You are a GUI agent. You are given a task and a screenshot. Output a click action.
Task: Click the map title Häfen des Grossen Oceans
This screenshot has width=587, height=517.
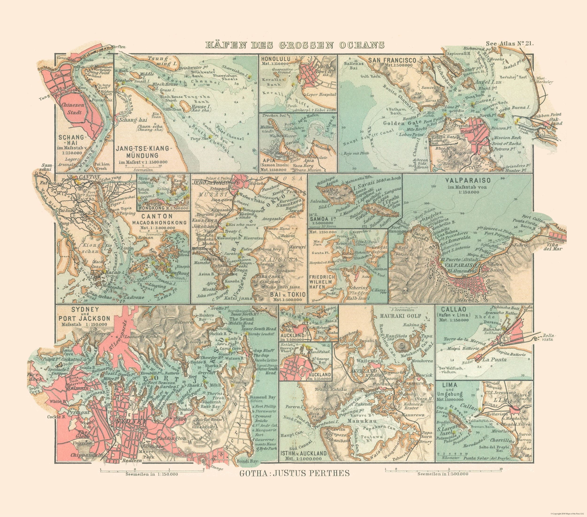295,45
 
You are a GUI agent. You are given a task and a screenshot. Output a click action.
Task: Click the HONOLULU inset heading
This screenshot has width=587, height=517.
275,59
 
